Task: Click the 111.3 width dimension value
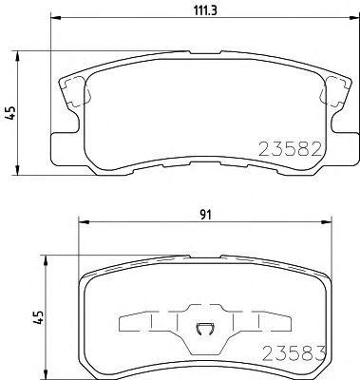click(205, 11)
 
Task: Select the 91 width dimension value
click(205, 215)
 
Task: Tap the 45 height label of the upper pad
click(10, 113)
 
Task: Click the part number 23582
click(291, 149)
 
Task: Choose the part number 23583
click(294, 353)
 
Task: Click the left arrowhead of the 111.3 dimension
click(56, 17)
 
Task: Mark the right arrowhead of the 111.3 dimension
click(354, 17)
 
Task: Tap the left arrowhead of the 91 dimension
click(84, 221)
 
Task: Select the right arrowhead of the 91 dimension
click(326, 221)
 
